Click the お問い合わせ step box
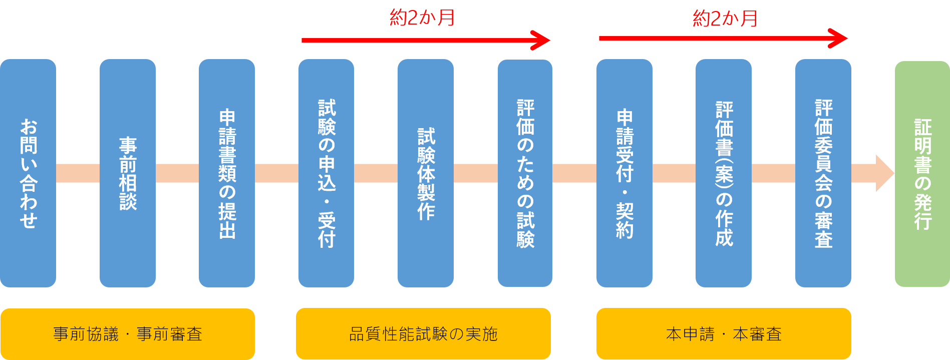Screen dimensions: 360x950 28,173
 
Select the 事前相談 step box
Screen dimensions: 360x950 128,173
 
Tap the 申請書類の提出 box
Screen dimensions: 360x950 227,173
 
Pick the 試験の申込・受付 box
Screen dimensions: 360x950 326,173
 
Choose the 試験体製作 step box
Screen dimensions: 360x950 426,173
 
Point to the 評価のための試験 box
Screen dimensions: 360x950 525,173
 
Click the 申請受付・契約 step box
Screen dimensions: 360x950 624,173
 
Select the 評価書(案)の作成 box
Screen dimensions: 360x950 724,173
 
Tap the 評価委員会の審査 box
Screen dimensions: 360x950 823,173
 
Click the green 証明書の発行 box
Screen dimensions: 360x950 922,174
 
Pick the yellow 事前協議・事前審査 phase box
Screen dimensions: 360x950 128,334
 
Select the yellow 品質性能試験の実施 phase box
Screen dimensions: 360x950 423,334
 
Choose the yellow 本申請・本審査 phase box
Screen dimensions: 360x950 724,334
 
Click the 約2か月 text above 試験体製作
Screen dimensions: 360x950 422,18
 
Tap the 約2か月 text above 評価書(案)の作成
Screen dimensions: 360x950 725,19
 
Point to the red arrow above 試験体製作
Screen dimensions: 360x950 426,41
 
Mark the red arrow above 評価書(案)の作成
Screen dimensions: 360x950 723,38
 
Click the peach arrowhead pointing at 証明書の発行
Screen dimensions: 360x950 884,173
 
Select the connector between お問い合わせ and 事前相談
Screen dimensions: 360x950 78,173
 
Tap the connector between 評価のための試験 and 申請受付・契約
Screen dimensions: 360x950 574,173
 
